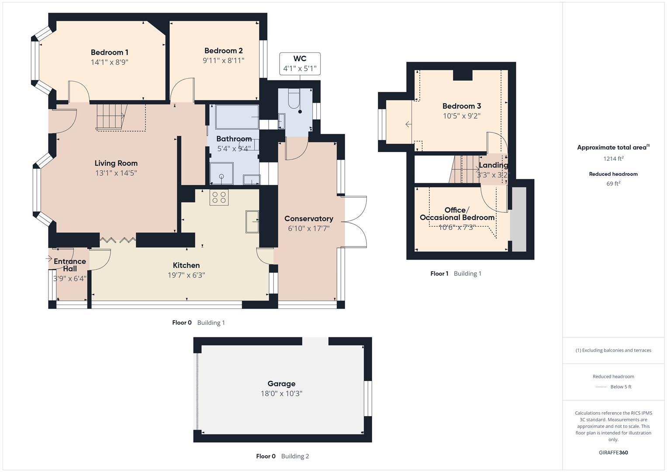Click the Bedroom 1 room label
[109, 52]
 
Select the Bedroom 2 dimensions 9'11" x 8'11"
[223, 61]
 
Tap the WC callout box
[300, 64]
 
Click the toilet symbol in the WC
[294, 100]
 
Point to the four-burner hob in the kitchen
[219, 198]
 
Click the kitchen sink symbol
[252, 221]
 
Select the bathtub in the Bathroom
[236, 117]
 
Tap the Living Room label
[116, 163]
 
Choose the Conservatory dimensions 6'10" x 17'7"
[308, 228]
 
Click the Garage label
[281, 384]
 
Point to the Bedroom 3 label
[461, 106]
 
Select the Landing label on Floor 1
[493, 165]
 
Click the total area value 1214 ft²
[613, 159]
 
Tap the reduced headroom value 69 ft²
[613, 184]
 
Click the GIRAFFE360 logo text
[613, 452]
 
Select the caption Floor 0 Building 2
[282, 456]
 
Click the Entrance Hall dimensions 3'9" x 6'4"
[70, 278]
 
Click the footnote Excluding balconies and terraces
[613, 350]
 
